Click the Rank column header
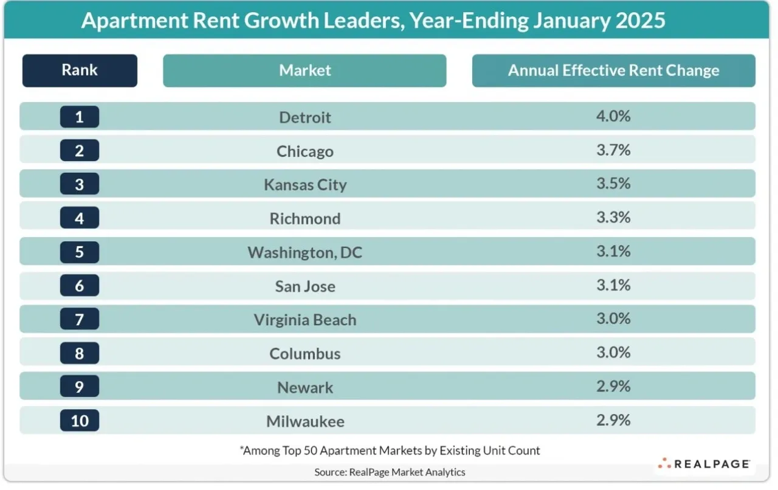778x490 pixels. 80,71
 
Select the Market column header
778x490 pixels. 305,71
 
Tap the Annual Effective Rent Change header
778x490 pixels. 614,71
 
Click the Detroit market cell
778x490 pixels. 305,117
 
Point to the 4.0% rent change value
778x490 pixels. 613,116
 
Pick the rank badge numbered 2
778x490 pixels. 80,151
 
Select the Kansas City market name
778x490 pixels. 305,185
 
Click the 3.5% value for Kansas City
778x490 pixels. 613,184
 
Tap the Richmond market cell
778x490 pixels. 305,219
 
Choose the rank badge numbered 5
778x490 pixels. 80,252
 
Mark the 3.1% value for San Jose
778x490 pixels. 613,285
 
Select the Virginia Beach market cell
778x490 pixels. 305,320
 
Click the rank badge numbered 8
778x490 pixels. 80,353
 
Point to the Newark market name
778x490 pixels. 305,387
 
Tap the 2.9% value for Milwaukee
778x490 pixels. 613,420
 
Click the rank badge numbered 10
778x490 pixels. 80,421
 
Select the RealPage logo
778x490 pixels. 704,464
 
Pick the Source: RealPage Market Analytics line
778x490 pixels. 390,472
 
